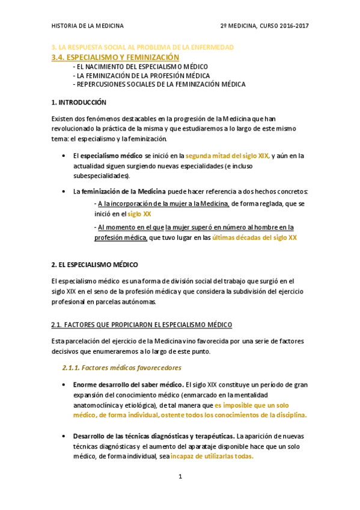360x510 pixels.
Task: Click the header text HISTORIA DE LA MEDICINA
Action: (x=88, y=26)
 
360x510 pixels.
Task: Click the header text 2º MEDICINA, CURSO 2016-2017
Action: (x=265, y=26)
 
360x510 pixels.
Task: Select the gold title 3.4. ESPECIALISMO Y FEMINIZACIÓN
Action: (x=116, y=57)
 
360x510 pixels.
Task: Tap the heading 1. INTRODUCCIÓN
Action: (x=79, y=102)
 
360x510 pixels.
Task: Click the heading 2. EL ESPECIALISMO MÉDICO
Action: (x=95, y=265)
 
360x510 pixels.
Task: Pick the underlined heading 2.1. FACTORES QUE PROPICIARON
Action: (x=142, y=325)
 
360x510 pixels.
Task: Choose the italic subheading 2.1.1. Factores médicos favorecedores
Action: (x=122, y=367)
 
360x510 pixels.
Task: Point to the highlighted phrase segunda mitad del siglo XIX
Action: (x=228, y=156)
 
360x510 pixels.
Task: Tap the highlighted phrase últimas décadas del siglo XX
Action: (x=254, y=238)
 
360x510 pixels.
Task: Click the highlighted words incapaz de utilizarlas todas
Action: (x=212, y=456)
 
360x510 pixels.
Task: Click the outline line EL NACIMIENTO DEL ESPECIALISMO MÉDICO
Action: (x=142, y=66)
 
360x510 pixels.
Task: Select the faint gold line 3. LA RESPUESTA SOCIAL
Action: (x=142, y=47)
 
